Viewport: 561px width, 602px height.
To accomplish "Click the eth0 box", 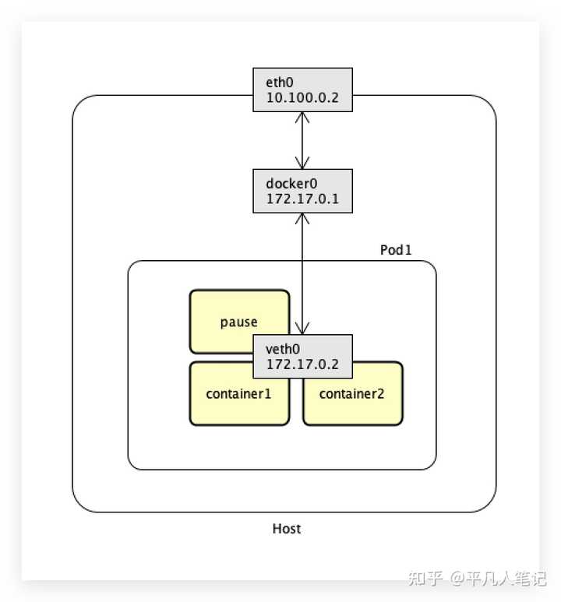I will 302,89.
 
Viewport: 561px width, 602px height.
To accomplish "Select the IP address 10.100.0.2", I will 299,97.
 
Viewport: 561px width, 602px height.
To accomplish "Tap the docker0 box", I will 302,191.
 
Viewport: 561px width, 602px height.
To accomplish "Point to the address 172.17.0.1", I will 298,199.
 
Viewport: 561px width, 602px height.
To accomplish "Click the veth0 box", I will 302,357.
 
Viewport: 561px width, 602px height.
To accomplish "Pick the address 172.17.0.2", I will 298,365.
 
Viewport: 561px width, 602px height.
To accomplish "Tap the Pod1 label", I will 395,251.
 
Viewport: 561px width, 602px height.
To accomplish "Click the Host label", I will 287,529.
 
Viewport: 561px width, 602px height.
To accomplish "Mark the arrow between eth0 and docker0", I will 302,140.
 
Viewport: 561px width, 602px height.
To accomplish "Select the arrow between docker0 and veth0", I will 302,273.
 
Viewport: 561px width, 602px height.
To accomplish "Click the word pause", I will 238,322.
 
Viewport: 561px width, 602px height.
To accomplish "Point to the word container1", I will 238,394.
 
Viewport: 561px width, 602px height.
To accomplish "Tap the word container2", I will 352,394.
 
